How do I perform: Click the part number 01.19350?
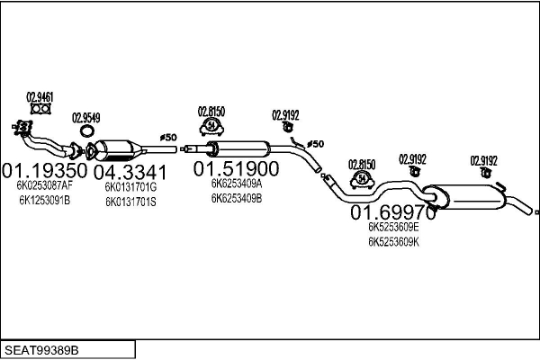point(44,170)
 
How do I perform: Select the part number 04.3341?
point(130,172)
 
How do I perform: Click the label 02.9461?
point(39,97)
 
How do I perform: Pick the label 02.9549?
point(85,117)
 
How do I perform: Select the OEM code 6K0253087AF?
point(45,185)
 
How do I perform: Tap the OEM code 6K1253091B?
point(44,200)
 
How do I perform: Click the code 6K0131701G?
point(130,187)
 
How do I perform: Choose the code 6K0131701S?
point(130,202)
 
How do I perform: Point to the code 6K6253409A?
point(236,183)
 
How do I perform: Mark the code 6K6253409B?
point(236,197)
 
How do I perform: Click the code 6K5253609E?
point(393,228)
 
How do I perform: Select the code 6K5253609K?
point(393,242)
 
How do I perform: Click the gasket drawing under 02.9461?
point(39,112)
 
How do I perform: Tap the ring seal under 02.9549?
point(86,132)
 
